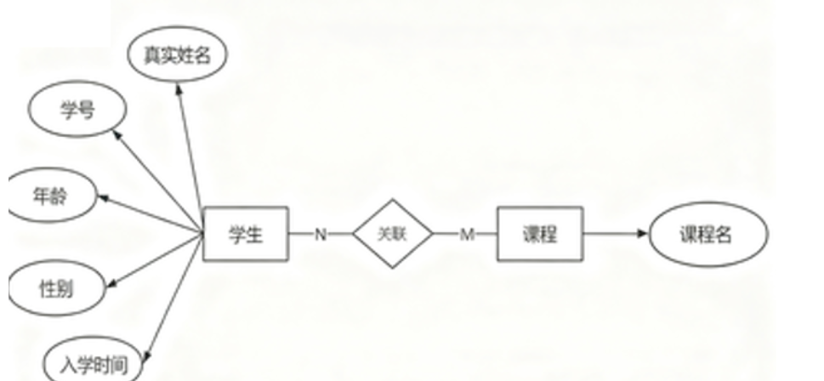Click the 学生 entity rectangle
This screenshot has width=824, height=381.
coord(246,234)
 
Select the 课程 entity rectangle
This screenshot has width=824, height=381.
coord(540,234)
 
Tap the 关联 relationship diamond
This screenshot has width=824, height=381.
coord(393,234)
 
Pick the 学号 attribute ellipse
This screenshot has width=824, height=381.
coord(77,112)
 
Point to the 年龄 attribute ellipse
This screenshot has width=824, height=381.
coord(53,196)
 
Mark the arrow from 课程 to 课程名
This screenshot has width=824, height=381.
coord(614,234)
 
